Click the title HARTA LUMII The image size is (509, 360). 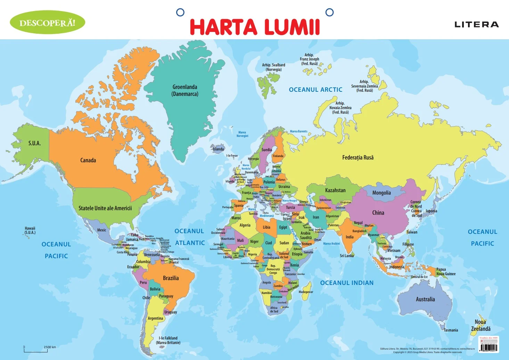pos(255,27)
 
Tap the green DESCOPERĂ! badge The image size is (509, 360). pos(47,23)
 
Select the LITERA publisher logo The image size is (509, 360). pos(476,24)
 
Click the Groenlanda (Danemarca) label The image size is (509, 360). pos(185,90)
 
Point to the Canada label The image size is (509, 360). pos(88,160)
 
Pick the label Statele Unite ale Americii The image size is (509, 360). pos(105,208)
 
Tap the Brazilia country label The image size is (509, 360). pos(171,278)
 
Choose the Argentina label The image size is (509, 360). pos(155,318)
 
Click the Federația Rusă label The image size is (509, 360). pos(358,157)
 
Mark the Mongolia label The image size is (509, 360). pos(381,193)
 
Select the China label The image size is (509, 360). pos(378,213)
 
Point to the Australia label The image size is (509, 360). pos(425,299)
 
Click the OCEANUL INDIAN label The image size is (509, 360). pos(347,283)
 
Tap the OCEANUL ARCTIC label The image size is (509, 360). pos(315,90)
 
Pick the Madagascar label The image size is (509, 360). pos(306,292)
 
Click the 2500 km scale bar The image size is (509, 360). pos(36,351)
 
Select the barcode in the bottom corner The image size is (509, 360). pos(489,347)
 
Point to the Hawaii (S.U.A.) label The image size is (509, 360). pos(30,230)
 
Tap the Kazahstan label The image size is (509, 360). pos(335,190)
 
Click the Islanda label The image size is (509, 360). pos(218,149)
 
